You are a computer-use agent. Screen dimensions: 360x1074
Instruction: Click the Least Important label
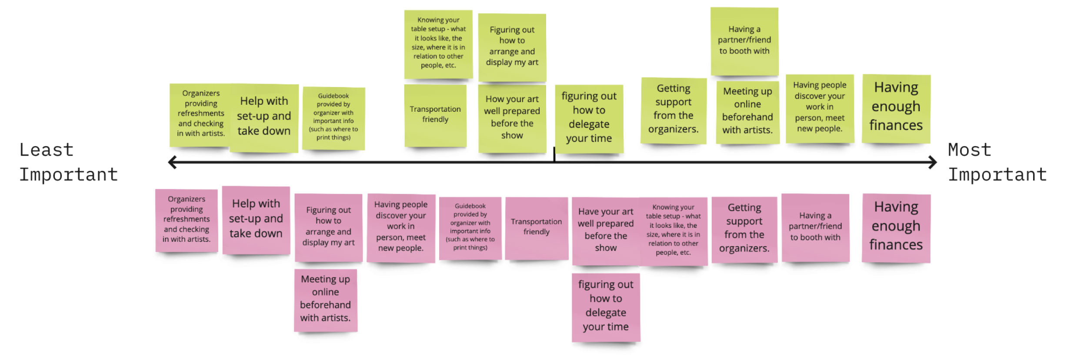[x=68, y=162]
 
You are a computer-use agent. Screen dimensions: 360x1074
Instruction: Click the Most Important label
[x=997, y=162]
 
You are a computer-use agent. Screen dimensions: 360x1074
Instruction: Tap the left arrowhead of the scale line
[x=172, y=162]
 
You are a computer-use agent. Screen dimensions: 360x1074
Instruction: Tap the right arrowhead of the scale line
[x=932, y=162]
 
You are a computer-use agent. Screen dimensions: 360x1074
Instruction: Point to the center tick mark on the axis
[x=554, y=155]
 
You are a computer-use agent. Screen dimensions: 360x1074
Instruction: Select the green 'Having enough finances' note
[x=896, y=109]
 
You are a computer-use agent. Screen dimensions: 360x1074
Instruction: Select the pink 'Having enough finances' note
[x=896, y=228]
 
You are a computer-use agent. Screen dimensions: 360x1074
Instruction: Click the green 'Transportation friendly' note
[x=435, y=115]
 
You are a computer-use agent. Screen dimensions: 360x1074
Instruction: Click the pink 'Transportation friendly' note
[x=537, y=228]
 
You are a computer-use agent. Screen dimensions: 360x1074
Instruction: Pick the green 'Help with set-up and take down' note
[x=264, y=117]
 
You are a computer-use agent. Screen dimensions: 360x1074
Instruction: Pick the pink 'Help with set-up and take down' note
[x=256, y=220]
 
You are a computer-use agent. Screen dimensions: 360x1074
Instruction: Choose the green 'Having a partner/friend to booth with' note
[x=744, y=41]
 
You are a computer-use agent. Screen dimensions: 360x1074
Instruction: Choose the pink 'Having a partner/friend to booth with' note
[x=815, y=227]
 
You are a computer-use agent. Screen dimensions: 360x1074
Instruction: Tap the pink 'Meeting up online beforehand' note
[x=325, y=300]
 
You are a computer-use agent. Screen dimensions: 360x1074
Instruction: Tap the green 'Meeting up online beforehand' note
[x=747, y=112]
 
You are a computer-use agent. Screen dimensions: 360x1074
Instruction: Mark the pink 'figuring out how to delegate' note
[x=606, y=307]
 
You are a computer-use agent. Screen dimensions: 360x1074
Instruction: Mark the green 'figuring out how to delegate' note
[x=589, y=118]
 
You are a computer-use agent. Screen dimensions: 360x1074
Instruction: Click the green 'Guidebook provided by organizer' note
[x=334, y=118]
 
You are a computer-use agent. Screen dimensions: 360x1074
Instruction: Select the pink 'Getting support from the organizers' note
[x=744, y=229]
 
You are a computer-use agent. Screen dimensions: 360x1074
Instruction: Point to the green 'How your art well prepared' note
[x=512, y=118]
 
